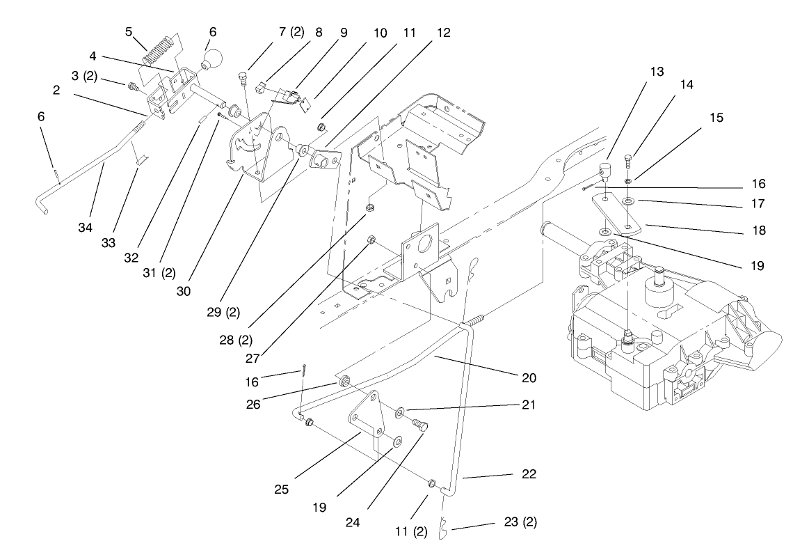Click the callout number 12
444,33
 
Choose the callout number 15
716,118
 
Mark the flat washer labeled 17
629,201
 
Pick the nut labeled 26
344,384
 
